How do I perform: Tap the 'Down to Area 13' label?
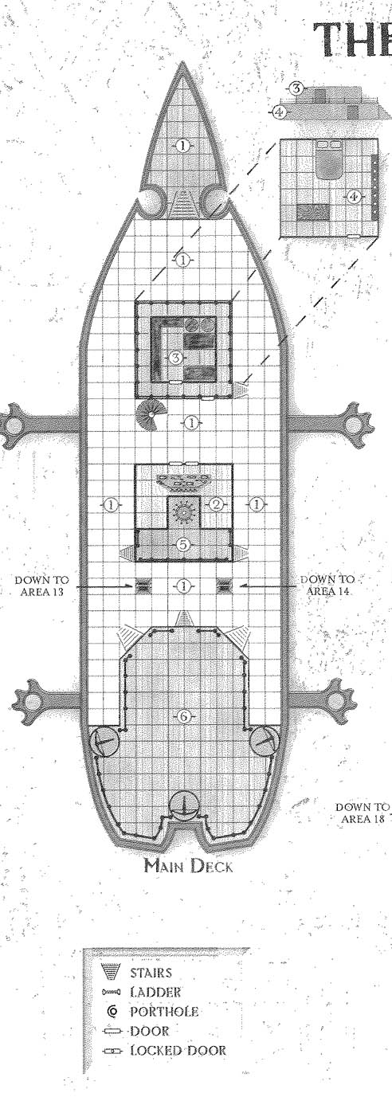[41, 586]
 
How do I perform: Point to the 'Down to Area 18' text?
[363, 813]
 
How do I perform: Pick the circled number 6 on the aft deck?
[184, 716]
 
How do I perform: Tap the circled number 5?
[182, 544]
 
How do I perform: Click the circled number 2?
[217, 504]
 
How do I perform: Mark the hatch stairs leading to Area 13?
[142, 586]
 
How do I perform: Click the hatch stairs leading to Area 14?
[223, 586]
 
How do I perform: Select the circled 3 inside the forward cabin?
[175, 358]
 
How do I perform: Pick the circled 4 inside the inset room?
[354, 197]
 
